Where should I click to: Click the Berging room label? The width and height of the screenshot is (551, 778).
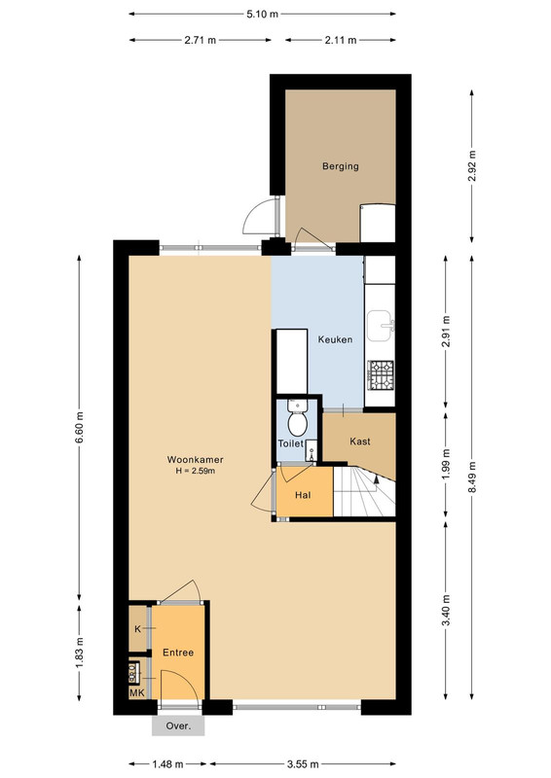(x=341, y=166)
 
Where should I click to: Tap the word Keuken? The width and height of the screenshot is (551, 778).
(x=335, y=339)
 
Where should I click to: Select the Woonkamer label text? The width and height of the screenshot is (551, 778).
(x=196, y=460)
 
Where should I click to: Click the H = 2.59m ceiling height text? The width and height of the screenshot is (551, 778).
(x=196, y=471)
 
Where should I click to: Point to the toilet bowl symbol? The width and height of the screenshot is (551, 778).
(x=298, y=419)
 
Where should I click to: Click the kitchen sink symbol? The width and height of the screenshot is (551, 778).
(x=380, y=326)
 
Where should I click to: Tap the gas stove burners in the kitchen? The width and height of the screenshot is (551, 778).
(x=381, y=374)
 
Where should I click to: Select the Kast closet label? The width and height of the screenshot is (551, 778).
(x=360, y=442)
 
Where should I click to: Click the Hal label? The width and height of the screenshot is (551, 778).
(x=303, y=495)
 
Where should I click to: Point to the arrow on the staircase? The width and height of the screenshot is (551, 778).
(x=376, y=478)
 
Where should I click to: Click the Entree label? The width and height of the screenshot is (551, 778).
(x=178, y=653)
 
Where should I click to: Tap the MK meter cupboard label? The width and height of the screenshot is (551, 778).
(x=137, y=693)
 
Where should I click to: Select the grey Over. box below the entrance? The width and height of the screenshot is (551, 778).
(x=178, y=725)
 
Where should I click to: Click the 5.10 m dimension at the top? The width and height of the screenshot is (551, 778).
(x=262, y=14)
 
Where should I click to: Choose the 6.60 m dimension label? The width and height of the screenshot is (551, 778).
(x=80, y=428)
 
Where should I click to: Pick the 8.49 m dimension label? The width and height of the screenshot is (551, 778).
(x=472, y=477)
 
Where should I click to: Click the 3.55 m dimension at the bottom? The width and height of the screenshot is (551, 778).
(x=303, y=764)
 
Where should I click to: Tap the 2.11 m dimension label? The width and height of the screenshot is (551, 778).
(x=341, y=40)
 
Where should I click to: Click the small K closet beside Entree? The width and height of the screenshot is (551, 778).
(x=138, y=628)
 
